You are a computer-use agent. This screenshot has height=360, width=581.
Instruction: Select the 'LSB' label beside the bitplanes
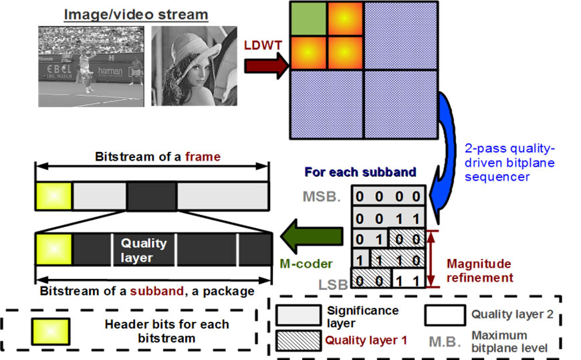333,284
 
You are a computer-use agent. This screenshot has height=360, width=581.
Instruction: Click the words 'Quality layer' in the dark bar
143,250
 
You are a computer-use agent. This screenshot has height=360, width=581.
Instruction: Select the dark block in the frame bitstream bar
151,195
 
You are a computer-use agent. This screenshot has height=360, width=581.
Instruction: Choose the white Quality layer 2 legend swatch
444,314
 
